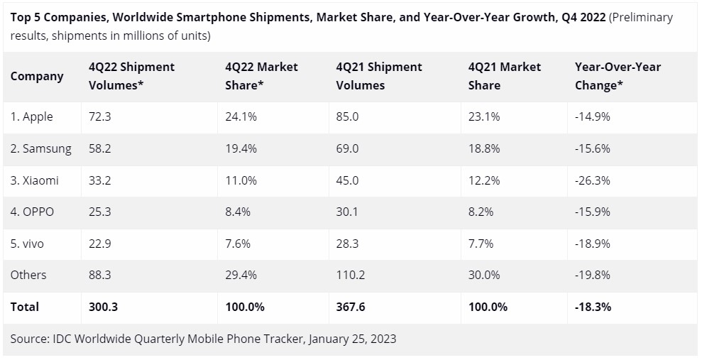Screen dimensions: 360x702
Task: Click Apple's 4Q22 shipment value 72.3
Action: pyautogui.click(x=100, y=116)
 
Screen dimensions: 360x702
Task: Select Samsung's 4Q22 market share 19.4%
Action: pyautogui.click(x=241, y=148)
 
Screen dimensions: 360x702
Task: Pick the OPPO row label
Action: pyautogui.click(x=32, y=212)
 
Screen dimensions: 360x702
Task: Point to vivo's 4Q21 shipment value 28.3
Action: pyautogui.click(x=349, y=244)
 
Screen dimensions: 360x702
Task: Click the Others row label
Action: pyautogui.click(x=28, y=275)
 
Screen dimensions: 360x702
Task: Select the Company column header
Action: pyautogui.click(x=37, y=76)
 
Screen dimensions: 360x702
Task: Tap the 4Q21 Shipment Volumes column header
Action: pyautogui.click(x=379, y=76)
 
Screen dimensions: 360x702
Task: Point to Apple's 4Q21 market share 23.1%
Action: pyautogui.click(x=484, y=116)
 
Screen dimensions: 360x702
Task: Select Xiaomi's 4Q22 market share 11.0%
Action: pyautogui.click(x=241, y=180)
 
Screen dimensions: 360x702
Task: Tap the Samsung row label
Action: pyautogui.click(x=41, y=148)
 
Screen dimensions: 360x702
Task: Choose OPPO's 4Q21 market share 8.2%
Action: pyautogui.click(x=481, y=212)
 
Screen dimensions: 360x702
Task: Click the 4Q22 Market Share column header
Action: pyautogui.click(x=261, y=76)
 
